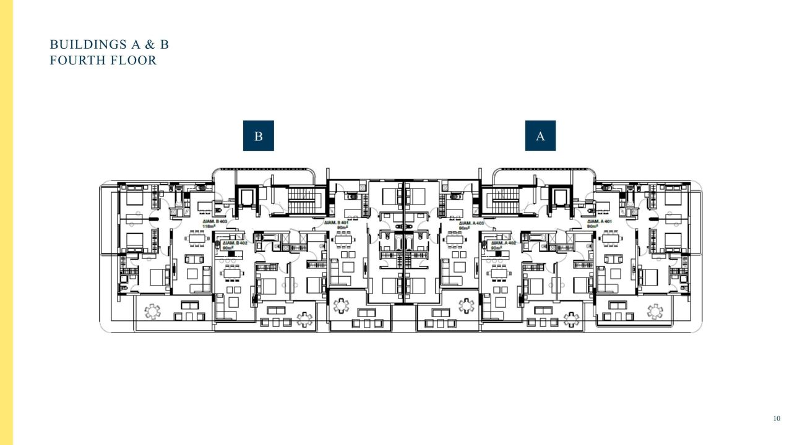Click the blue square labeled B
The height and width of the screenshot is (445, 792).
(258, 136)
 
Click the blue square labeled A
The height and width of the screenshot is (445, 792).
(540, 136)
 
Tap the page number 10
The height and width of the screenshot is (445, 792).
(777, 419)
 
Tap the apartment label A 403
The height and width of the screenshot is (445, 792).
(471, 223)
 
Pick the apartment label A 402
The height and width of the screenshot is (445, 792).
(504, 243)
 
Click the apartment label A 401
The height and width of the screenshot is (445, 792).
(600, 221)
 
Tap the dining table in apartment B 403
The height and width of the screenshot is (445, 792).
(197, 239)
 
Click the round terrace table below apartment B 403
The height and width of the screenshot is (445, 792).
(152, 311)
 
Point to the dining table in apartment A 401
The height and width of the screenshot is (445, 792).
(612, 239)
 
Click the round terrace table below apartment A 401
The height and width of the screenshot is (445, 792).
(655, 311)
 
